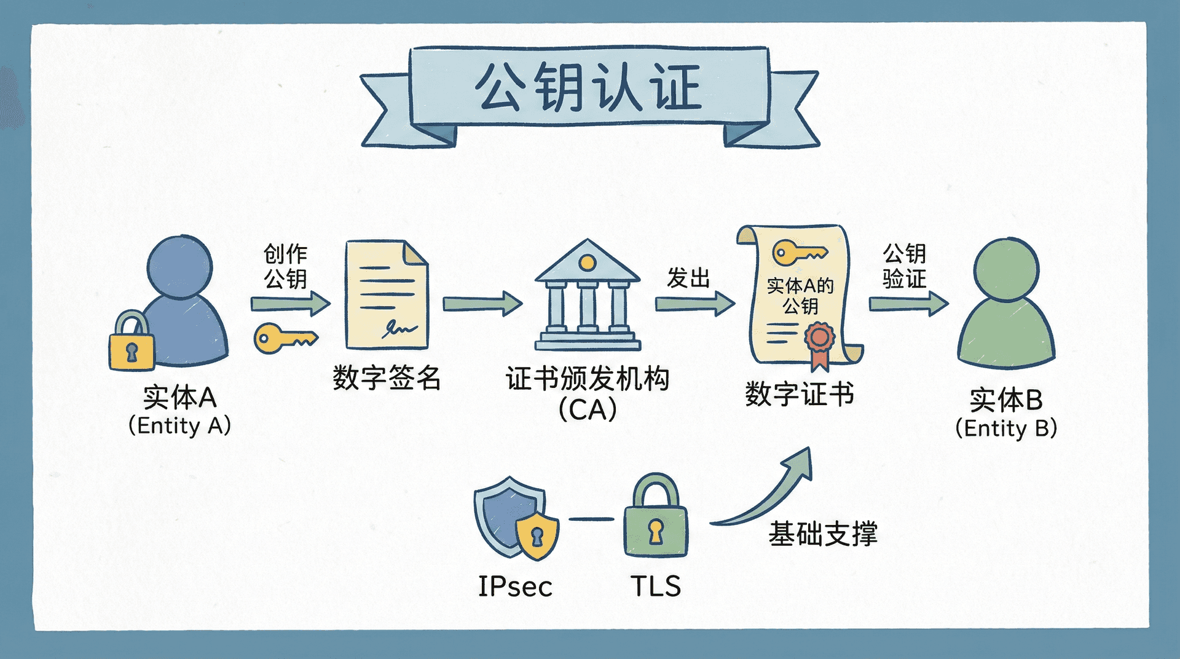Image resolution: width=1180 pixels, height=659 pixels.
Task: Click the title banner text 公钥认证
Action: tap(589, 87)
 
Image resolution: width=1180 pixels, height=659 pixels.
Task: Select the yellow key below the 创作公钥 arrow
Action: tap(285, 338)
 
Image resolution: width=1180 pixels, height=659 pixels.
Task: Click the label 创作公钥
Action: tap(285, 266)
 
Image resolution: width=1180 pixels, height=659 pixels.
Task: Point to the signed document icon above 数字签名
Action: tap(387, 295)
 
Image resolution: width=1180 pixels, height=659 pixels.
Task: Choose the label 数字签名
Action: tap(387, 377)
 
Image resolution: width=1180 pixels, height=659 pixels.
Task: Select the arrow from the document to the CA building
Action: tap(482, 303)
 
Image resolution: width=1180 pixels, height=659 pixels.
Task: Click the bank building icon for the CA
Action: tap(588, 295)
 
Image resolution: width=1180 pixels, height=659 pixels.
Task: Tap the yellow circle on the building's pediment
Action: tap(588, 263)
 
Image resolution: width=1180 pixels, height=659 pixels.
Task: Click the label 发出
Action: tap(688, 278)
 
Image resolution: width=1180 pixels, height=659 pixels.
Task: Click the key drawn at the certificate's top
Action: tap(799, 252)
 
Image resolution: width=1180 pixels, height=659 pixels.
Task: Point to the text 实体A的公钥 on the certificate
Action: tap(800, 295)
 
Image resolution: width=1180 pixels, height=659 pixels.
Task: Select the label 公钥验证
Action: tap(904, 266)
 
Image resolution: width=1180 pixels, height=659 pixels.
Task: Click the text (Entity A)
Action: tap(179, 425)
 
